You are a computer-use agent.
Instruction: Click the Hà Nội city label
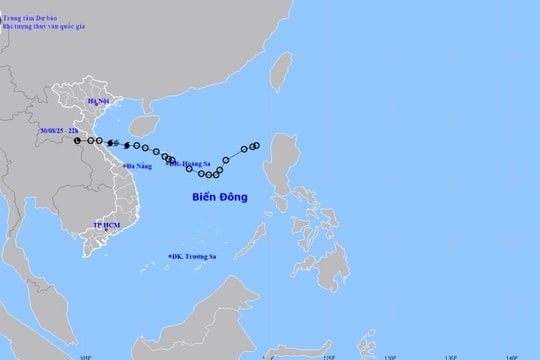pos(98,101)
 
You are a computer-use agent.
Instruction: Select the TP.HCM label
pos(105,226)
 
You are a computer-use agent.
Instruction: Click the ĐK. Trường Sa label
pos(196,257)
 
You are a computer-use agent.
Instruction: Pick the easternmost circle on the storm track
pos(256,146)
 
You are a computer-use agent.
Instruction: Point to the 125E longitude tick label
pos(329,356)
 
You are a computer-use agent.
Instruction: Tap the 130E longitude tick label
pos(390,356)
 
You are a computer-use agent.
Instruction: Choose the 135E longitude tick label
pos(451,356)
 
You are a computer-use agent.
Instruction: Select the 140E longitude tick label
pos(511,356)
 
